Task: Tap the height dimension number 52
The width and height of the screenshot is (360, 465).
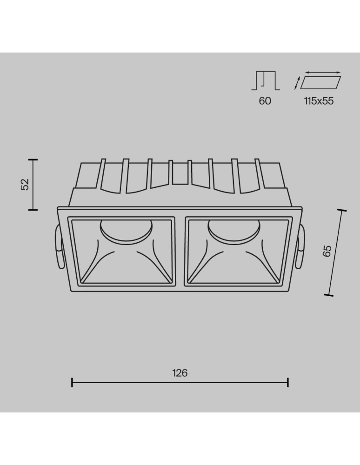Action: point(26,185)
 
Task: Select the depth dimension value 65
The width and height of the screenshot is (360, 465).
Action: point(327,251)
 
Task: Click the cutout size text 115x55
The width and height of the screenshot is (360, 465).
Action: point(319,101)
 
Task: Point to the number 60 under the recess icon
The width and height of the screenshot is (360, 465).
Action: point(265,101)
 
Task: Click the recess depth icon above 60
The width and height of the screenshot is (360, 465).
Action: point(265,80)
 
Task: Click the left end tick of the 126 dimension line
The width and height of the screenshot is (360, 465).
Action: point(72,383)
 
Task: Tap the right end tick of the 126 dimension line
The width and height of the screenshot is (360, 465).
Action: point(288,383)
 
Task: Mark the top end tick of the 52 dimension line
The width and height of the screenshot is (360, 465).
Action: point(33,159)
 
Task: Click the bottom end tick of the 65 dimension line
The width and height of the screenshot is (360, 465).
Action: point(329,294)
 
